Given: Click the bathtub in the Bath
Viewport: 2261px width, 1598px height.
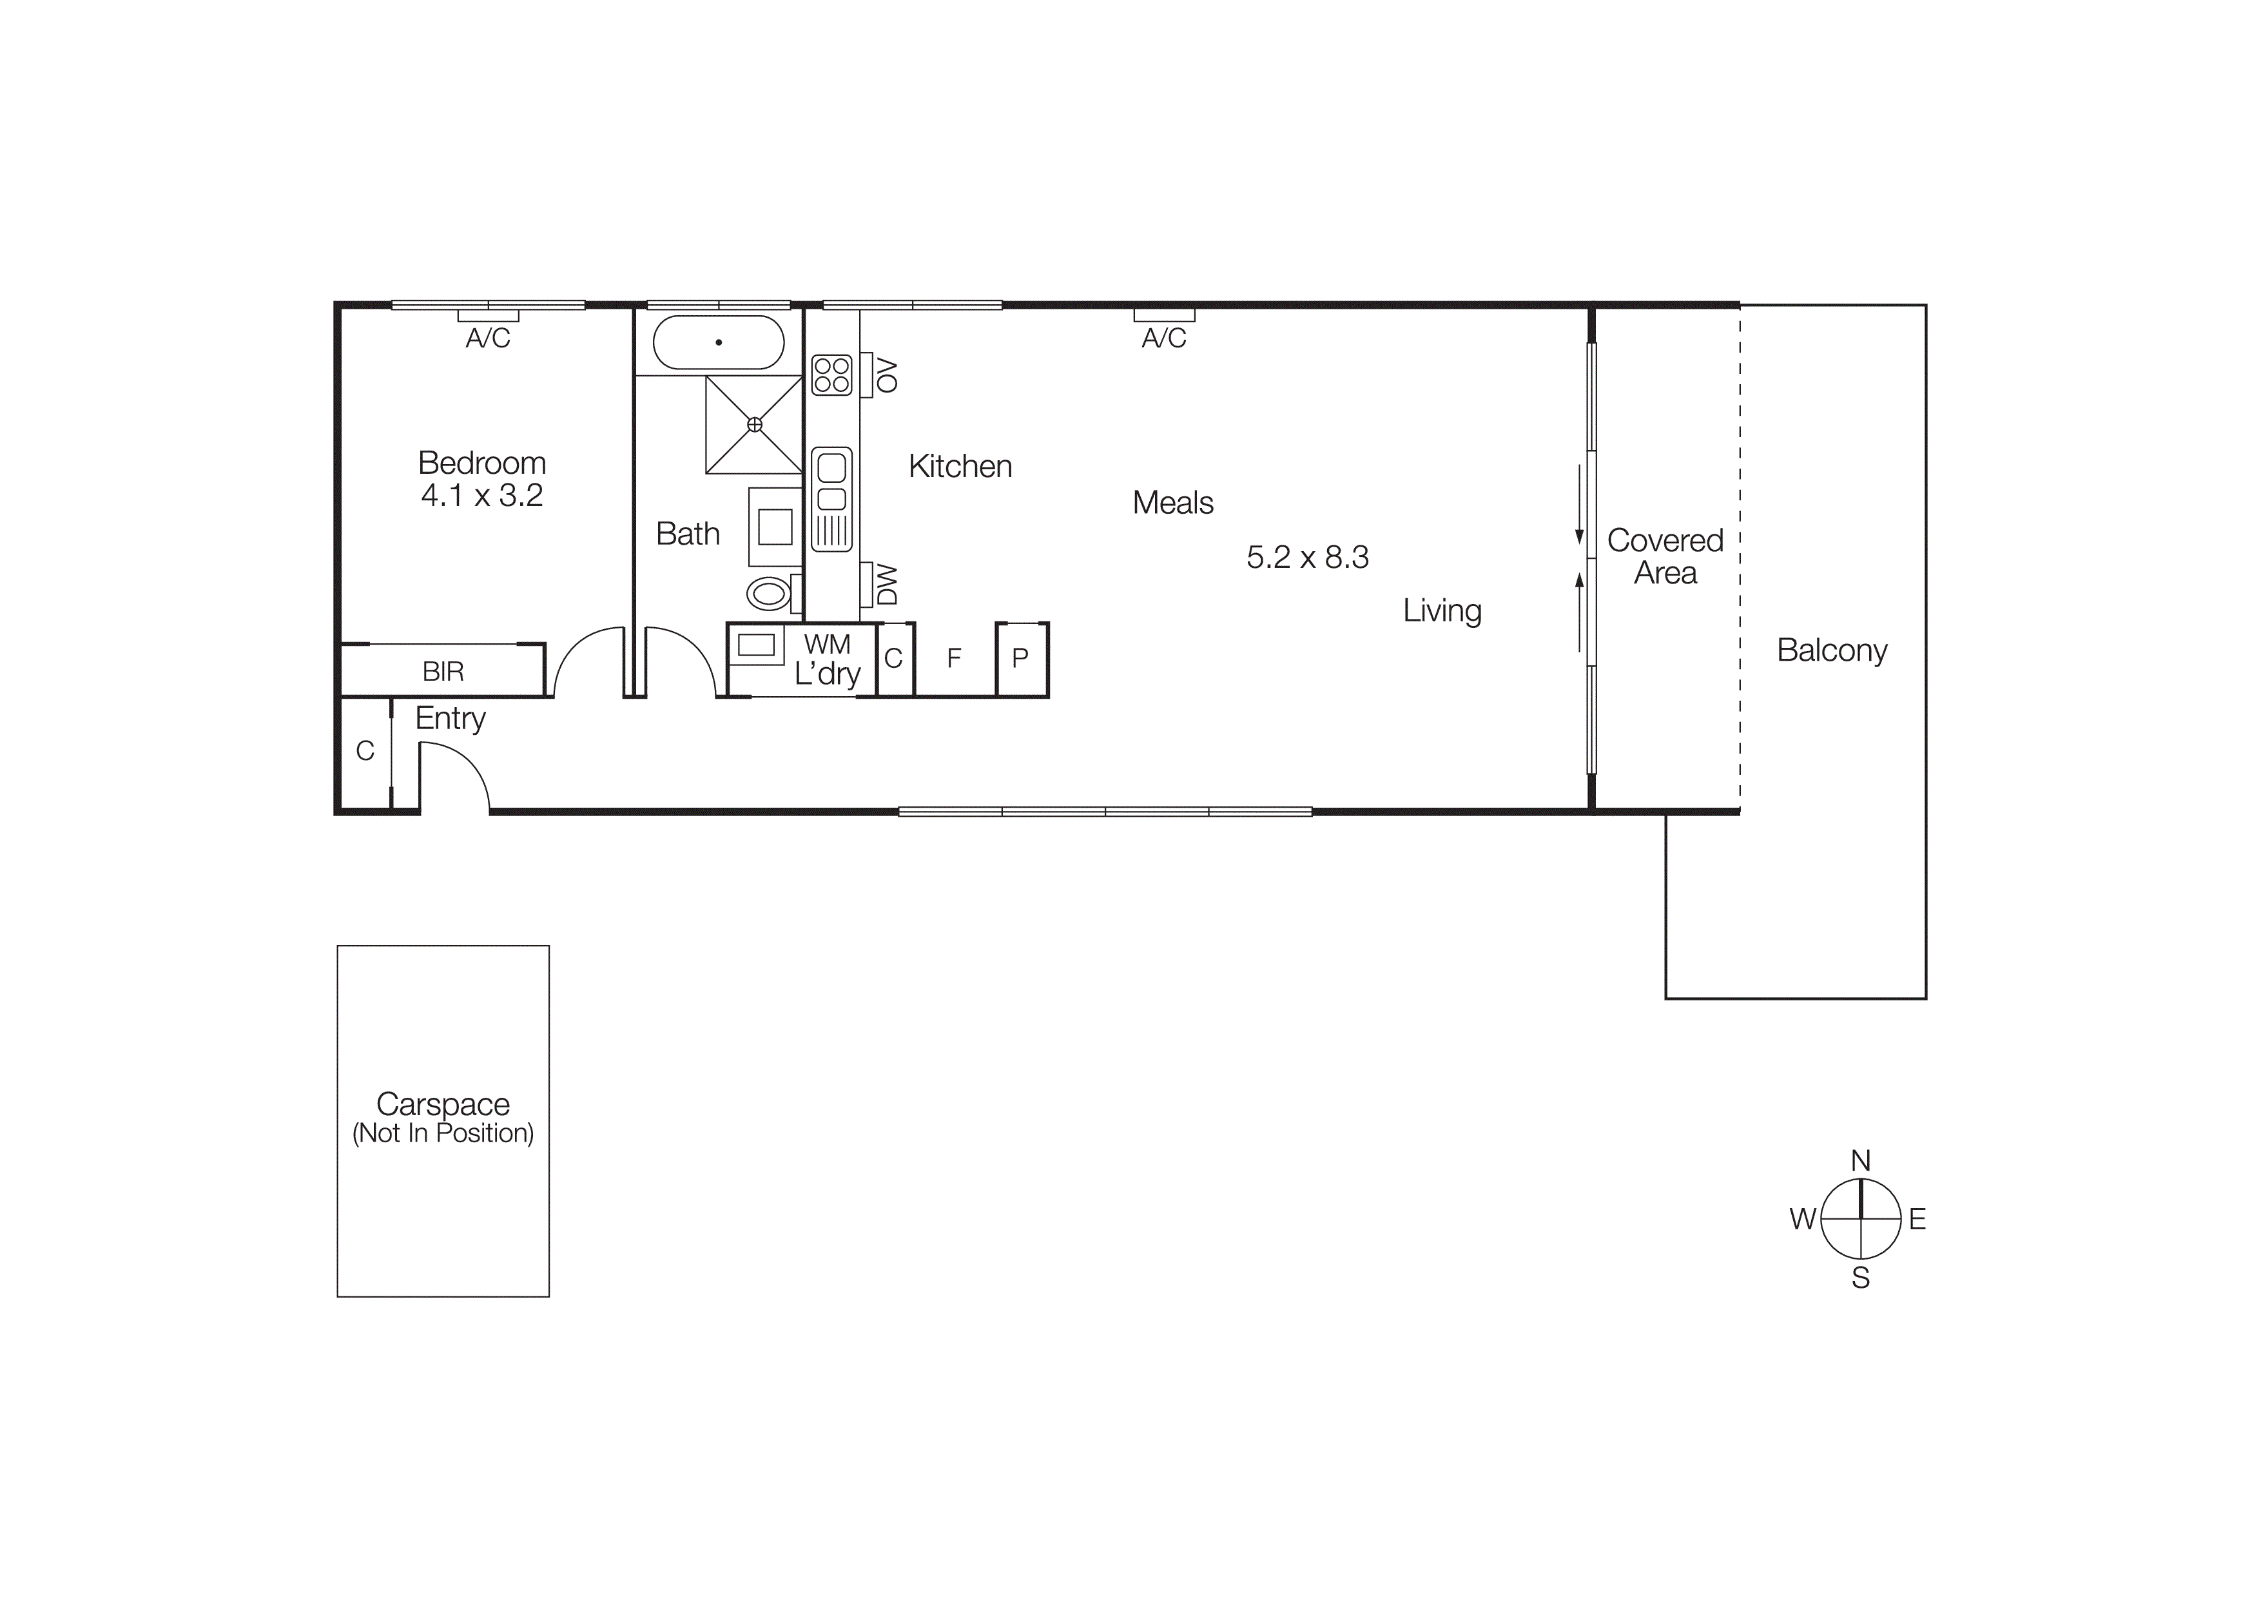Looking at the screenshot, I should [x=719, y=343].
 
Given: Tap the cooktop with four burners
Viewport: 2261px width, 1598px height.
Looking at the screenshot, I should [x=831, y=375].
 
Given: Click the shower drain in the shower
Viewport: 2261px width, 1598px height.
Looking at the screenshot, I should [x=754, y=424].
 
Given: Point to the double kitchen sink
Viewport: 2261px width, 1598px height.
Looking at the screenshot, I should [x=831, y=499].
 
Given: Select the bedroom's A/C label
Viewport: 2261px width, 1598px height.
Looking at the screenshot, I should [x=489, y=338].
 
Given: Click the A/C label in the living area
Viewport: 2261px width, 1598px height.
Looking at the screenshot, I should [x=1164, y=338].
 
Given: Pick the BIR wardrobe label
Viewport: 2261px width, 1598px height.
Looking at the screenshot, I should [x=443, y=672].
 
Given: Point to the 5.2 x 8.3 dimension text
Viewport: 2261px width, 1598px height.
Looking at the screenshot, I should [x=1308, y=558].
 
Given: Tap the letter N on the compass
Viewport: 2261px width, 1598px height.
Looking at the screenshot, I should [x=1860, y=1161].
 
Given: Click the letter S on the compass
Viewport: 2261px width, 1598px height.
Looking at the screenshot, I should [x=1860, y=1278].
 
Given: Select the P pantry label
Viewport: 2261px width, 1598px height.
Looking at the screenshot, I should [x=1020, y=658].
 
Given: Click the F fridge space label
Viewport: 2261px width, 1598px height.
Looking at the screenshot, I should [x=953, y=658].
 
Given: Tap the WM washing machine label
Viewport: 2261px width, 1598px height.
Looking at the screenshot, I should [x=827, y=644].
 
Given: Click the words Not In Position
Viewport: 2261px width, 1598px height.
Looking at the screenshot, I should [x=443, y=1133].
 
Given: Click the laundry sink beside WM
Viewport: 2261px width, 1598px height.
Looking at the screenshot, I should [x=756, y=645].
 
